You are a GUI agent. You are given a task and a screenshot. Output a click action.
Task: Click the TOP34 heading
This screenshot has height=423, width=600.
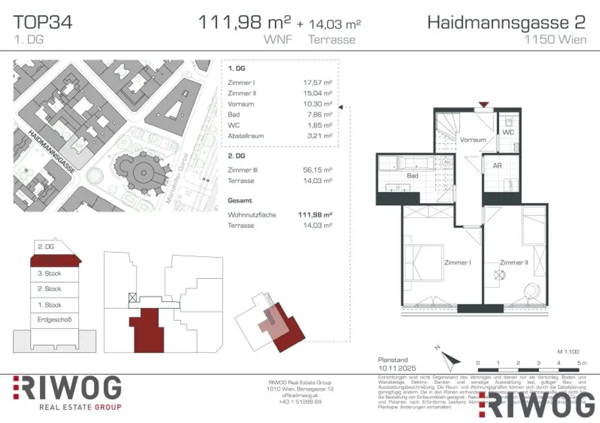click(43, 23)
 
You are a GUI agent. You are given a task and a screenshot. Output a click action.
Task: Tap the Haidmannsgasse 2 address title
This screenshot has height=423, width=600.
click(506, 23)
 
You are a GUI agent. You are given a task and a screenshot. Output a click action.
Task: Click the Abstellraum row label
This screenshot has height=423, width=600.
click(246, 136)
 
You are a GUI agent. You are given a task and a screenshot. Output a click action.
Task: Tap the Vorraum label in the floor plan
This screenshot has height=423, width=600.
click(472, 140)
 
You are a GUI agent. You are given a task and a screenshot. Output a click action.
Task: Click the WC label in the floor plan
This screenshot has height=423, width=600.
click(508, 133)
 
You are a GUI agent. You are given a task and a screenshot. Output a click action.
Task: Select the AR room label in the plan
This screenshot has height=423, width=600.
click(497, 166)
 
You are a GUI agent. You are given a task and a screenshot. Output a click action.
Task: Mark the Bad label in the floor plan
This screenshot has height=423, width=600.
click(412, 176)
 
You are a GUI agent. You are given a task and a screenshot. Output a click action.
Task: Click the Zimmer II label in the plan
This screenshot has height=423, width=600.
click(514, 263)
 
